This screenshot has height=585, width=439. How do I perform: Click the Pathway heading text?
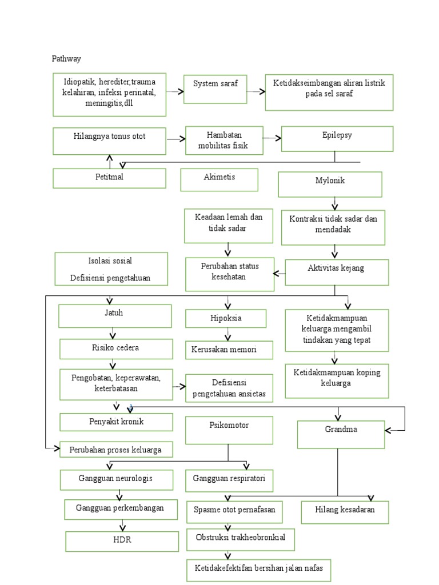[66, 58]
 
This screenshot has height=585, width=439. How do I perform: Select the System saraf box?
[215, 89]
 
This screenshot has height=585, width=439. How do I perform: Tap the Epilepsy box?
[337, 139]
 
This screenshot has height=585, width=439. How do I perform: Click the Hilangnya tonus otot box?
[109, 141]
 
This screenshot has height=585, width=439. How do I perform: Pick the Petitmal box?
[109, 178]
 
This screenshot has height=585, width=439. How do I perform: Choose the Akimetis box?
[219, 179]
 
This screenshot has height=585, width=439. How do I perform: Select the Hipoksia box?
[226, 318]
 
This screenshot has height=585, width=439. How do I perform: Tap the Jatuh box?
[115, 315]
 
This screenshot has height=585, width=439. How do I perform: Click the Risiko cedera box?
[116, 348]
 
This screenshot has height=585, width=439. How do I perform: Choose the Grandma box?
[340, 434]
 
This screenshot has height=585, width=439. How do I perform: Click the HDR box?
[123, 540]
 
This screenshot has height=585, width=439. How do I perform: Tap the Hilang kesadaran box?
[345, 512]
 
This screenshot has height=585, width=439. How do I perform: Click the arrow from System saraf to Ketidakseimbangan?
[256, 91]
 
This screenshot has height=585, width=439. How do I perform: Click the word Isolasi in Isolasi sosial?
[82, 261]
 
